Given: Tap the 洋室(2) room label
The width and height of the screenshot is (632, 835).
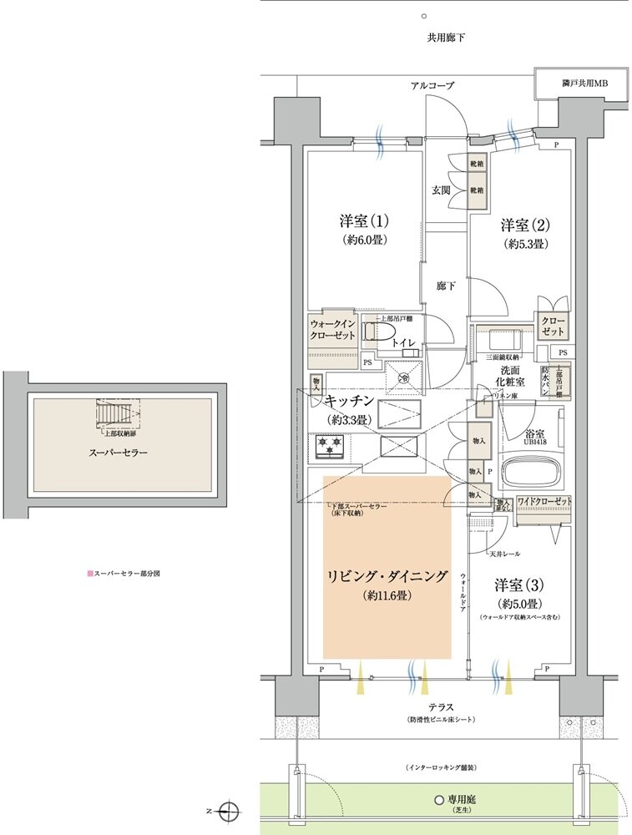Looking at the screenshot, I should (x=524, y=225).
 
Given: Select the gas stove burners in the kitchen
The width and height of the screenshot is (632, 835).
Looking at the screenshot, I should (x=329, y=447).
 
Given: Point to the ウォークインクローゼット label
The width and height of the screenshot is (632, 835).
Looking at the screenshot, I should (x=333, y=329).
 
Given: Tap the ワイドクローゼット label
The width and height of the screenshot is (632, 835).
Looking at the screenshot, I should (x=544, y=501).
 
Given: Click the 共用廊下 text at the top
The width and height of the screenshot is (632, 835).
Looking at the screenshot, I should (x=446, y=38).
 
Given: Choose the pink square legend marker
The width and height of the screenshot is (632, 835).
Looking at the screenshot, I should (x=89, y=574).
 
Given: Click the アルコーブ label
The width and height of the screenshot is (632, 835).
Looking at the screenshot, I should (x=432, y=86).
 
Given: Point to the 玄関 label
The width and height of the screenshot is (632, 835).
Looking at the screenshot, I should (x=441, y=190).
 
